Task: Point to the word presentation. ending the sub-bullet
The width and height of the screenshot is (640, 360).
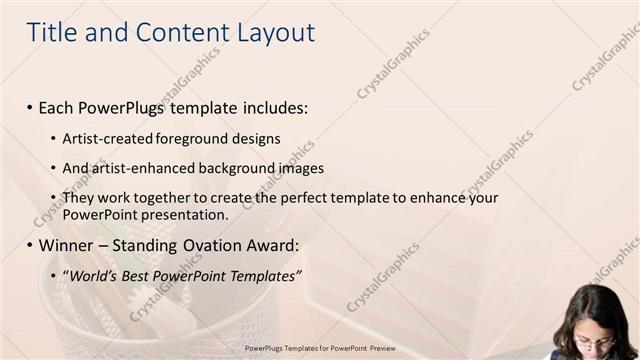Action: pos(187,214)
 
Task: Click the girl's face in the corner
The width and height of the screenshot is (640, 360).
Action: pos(596,335)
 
